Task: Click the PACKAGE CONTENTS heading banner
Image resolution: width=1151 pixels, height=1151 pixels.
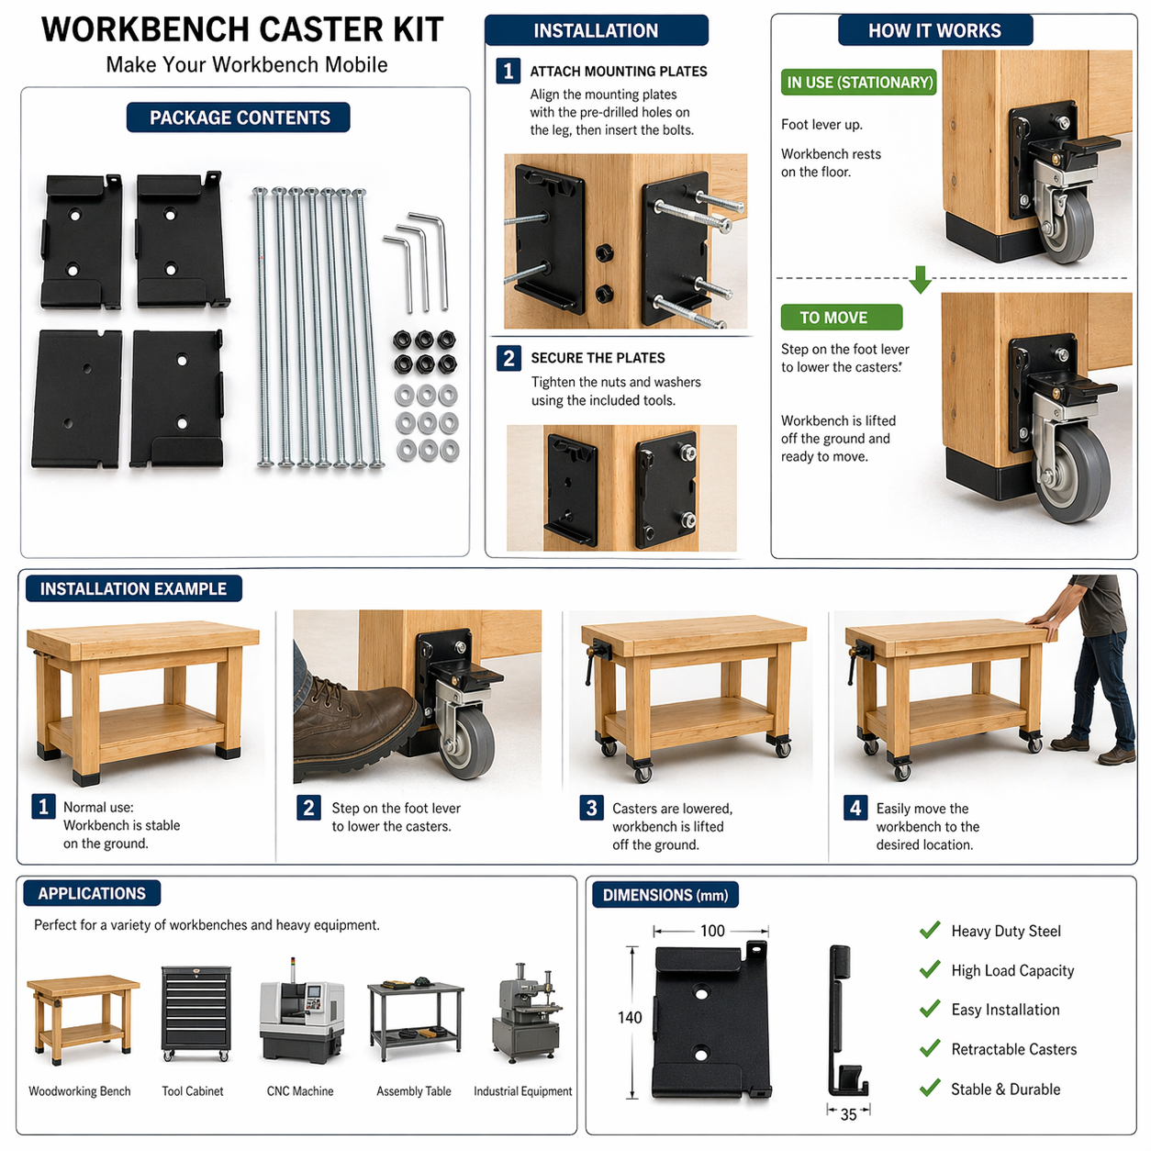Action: (239, 117)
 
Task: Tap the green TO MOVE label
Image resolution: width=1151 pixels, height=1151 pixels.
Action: (841, 318)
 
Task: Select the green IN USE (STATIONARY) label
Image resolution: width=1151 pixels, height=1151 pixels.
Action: (859, 83)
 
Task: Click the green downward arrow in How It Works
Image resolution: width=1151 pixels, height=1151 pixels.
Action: (921, 280)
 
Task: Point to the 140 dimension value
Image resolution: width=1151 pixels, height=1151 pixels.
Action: (630, 1017)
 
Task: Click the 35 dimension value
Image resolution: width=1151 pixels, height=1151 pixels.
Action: (848, 1114)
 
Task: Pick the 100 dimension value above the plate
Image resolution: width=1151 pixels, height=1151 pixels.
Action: (712, 931)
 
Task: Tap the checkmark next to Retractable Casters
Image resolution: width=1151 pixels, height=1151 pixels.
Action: (930, 1048)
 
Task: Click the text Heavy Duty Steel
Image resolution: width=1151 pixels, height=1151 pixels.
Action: (1005, 931)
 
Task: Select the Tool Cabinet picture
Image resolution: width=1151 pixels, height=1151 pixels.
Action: (196, 1013)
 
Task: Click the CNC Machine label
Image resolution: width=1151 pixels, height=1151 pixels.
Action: (300, 1091)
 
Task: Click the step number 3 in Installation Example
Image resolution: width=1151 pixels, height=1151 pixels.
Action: (591, 808)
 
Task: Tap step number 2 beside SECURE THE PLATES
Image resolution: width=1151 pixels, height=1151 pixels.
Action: (508, 358)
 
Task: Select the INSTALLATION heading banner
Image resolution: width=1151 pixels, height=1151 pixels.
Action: (596, 30)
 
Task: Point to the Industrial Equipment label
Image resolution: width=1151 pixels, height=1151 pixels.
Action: (522, 1091)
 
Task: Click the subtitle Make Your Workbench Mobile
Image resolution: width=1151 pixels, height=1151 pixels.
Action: (246, 65)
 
